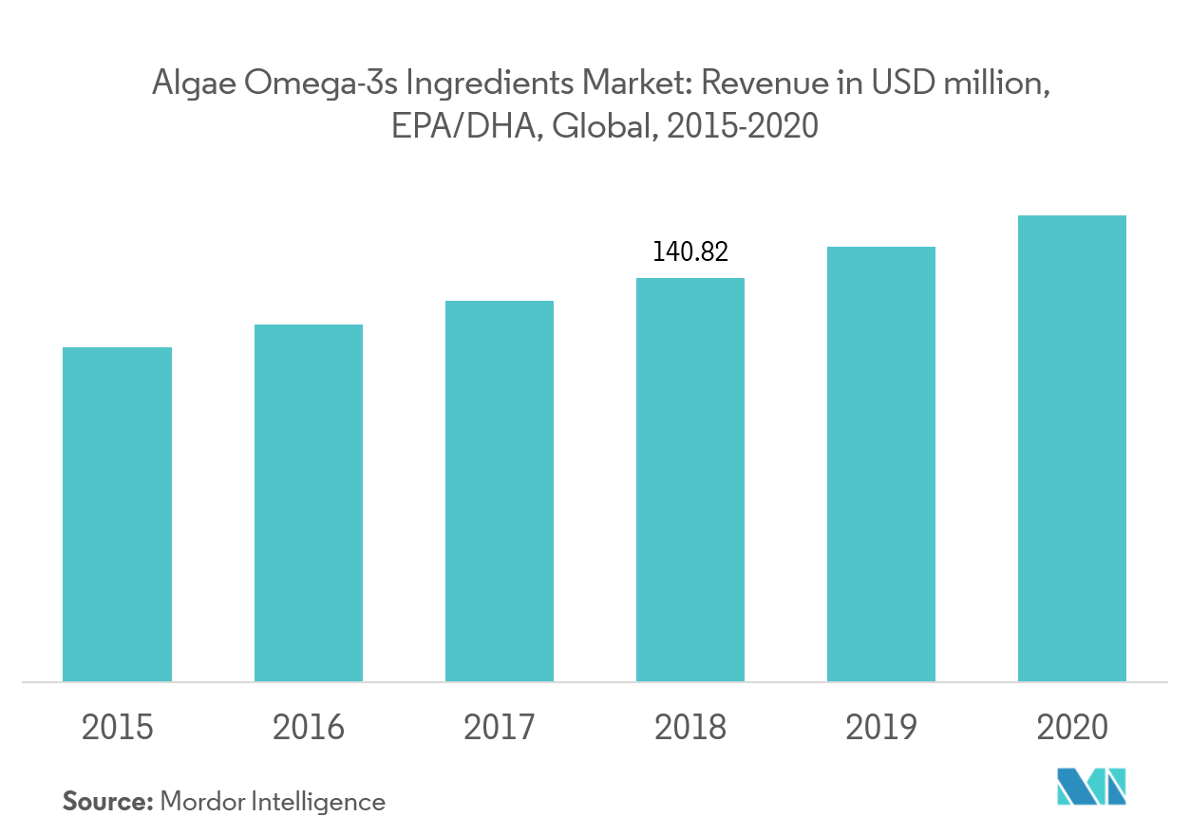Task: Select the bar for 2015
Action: coord(117,514)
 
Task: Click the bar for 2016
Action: coord(308,503)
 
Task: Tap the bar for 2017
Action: coord(500,491)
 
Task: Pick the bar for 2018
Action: coord(690,479)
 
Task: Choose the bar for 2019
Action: coord(881,464)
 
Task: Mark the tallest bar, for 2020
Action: coord(1072,448)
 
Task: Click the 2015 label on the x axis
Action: coord(117,728)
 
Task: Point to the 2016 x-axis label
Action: coord(308,728)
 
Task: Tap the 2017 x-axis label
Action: coord(500,728)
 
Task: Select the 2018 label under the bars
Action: coord(690,728)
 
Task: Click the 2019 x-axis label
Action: coord(881,728)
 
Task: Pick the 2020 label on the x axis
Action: coord(1072,728)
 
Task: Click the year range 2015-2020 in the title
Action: coord(742,125)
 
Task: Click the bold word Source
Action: coord(107,802)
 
